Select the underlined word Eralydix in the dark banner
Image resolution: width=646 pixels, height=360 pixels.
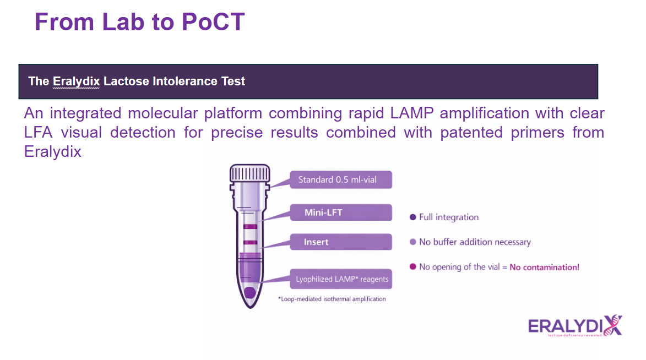77,81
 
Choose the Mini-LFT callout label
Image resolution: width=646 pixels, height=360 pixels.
324,212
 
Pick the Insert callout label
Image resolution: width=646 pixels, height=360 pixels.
316,242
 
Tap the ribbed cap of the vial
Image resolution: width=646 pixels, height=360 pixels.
250,173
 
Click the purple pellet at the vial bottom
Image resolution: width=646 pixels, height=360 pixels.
249,292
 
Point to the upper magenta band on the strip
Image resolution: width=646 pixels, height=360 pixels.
250,227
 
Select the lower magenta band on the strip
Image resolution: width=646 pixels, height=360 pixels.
250,242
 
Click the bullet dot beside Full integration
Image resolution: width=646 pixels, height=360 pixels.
413,217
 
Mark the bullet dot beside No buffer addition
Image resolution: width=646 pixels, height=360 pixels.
413,242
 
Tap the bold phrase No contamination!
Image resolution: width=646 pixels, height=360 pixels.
544,268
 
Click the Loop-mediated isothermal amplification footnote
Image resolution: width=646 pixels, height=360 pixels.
332,299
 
